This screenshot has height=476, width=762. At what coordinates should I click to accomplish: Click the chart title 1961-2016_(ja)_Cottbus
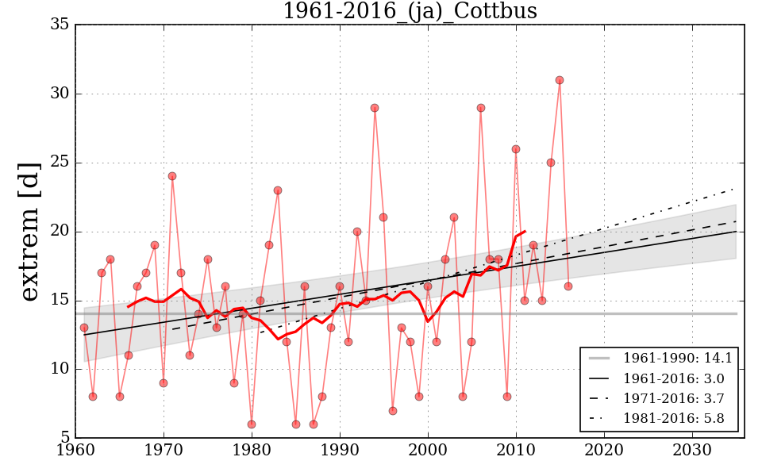pos(410,12)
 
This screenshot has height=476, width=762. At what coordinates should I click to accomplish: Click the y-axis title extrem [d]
pos(29,232)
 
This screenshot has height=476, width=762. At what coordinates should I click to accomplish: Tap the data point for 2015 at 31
pos(560,80)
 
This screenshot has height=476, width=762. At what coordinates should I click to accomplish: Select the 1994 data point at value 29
pos(375,108)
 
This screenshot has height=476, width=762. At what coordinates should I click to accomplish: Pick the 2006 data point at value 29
pos(480,108)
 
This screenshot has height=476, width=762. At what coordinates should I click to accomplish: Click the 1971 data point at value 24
pos(172,176)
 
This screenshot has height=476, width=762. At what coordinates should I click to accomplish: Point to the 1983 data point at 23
pos(278,190)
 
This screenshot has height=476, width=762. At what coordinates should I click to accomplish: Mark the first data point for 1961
pos(84,328)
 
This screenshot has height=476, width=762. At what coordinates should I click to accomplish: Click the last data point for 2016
pos(568,286)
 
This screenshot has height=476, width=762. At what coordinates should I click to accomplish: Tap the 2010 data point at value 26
pos(516,149)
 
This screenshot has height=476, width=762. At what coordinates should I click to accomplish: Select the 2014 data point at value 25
pos(551,163)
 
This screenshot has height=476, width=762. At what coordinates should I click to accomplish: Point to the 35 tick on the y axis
pos(59,25)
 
